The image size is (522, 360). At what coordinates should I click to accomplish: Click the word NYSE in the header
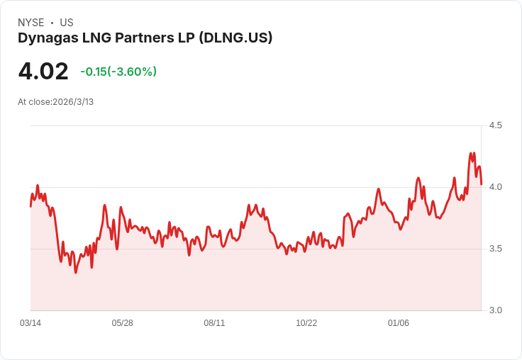pyautogui.click(x=30, y=23)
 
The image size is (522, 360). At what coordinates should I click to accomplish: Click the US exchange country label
pyautogui.click(x=67, y=23)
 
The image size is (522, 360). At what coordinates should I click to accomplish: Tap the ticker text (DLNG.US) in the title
pyautogui.click(x=235, y=38)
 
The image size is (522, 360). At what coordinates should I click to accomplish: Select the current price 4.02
pyautogui.click(x=43, y=72)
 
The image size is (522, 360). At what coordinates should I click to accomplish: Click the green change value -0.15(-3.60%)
pyautogui.click(x=118, y=72)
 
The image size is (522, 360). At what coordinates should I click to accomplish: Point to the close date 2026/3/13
pyautogui.click(x=73, y=102)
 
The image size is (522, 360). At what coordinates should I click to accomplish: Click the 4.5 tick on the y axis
pyautogui.click(x=496, y=125)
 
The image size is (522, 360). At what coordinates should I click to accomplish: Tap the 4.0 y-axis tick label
pyautogui.click(x=496, y=187)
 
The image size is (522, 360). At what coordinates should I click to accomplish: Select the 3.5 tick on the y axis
pyautogui.click(x=496, y=249)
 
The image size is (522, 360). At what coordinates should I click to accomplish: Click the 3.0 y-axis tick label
pyautogui.click(x=496, y=310)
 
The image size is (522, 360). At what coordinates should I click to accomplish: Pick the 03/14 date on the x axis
pyautogui.click(x=30, y=323)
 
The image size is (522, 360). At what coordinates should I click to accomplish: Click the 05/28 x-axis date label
pyautogui.click(x=123, y=323)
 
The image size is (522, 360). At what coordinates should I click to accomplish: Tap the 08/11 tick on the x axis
pyautogui.click(x=214, y=323)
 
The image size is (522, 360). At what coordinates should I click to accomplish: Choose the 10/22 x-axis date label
pyautogui.click(x=306, y=323)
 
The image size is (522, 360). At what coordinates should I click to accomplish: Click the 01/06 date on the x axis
pyautogui.click(x=399, y=323)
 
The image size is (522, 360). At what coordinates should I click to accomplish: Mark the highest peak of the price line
pyautogui.click(x=470, y=153)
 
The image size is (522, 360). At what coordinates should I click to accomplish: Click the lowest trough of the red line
pyautogui.click(x=76, y=272)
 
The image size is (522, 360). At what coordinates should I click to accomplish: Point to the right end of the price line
pyautogui.click(x=481, y=184)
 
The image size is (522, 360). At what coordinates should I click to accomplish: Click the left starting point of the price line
pyautogui.click(x=30, y=206)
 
